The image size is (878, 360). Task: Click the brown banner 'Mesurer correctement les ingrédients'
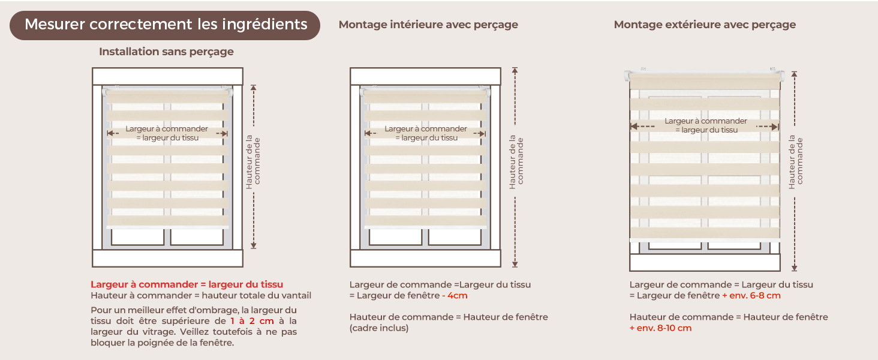tap(164, 25)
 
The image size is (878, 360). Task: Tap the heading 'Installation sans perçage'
tap(166, 52)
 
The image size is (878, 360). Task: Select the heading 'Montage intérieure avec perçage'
tap(428, 25)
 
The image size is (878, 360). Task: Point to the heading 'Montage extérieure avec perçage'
tap(705, 25)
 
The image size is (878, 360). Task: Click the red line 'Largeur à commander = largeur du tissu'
tap(187, 284)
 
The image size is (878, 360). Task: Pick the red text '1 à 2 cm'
tap(252, 321)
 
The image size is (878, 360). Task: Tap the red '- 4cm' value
tap(455, 295)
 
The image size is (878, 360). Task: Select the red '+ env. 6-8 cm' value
tap(751, 295)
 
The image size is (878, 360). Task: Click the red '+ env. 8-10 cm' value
tap(660, 328)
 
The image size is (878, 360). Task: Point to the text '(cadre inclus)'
tap(379, 328)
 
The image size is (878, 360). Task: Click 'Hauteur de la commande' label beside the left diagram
tap(253, 161)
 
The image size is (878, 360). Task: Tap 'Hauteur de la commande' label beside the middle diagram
tap(516, 161)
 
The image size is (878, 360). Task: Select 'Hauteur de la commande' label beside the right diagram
tap(796, 161)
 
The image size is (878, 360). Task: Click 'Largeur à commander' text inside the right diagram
tap(705, 121)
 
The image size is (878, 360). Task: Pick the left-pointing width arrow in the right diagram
tap(642, 126)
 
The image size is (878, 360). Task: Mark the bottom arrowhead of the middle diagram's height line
tap(515, 265)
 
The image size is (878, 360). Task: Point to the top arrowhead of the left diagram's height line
tap(254, 88)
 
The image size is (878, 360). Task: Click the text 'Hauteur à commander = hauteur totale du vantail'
tap(201, 295)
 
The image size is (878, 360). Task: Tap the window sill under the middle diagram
tap(425, 259)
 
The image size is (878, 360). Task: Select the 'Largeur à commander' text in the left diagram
tap(167, 128)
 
